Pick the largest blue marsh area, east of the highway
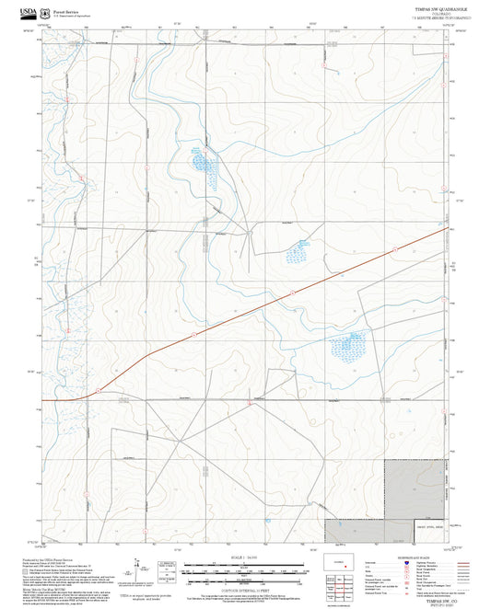(x=348, y=346)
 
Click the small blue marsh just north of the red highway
(x=298, y=250)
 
